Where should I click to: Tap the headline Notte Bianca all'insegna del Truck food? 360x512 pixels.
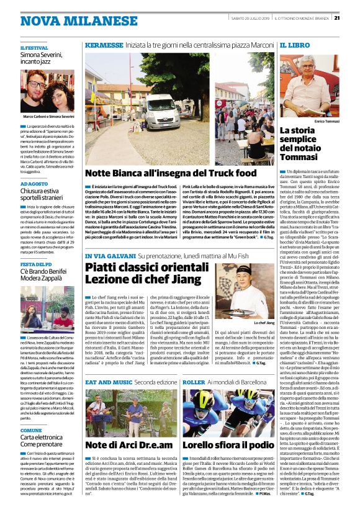click(170, 173)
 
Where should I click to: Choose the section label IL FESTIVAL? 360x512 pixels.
click(34, 48)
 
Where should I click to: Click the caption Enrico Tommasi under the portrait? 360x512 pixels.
click(327, 122)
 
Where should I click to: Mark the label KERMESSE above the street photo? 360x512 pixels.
click(104, 46)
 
